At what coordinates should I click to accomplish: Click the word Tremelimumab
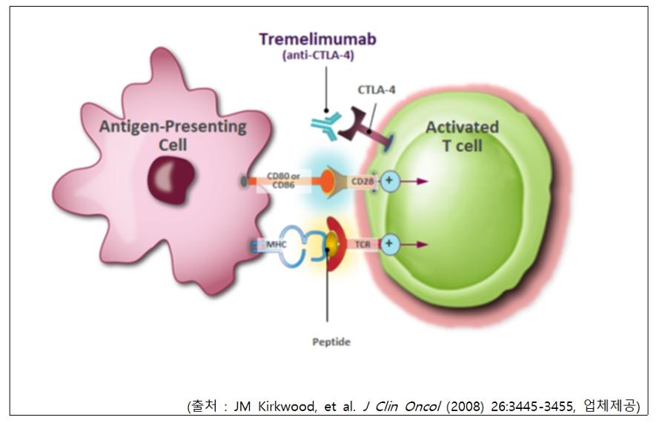pyautogui.click(x=317, y=39)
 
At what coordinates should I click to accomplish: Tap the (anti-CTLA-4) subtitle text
pyautogui.click(x=319, y=56)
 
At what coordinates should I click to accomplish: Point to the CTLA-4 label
pyautogui.click(x=377, y=90)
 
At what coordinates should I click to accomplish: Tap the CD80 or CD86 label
pyautogui.click(x=283, y=181)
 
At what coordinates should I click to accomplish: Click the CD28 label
pyautogui.click(x=362, y=181)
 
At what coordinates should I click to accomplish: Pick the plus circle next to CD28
pyautogui.click(x=389, y=181)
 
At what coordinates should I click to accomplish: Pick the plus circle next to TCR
pyautogui.click(x=389, y=244)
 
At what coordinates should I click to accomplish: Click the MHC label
pyautogui.click(x=276, y=244)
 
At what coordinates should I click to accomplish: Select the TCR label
pyautogui.click(x=362, y=244)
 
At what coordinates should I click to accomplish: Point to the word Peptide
pyautogui.click(x=331, y=342)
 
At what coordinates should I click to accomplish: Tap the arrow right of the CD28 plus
pyautogui.click(x=414, y=181)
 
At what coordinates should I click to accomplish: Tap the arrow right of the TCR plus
pyautogui.click(x=414, y=244)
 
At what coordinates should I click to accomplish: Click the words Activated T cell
pyautogui.click(x=463, y=136)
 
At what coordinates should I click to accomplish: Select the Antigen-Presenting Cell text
pyautogui.click(x=173, y=136)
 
